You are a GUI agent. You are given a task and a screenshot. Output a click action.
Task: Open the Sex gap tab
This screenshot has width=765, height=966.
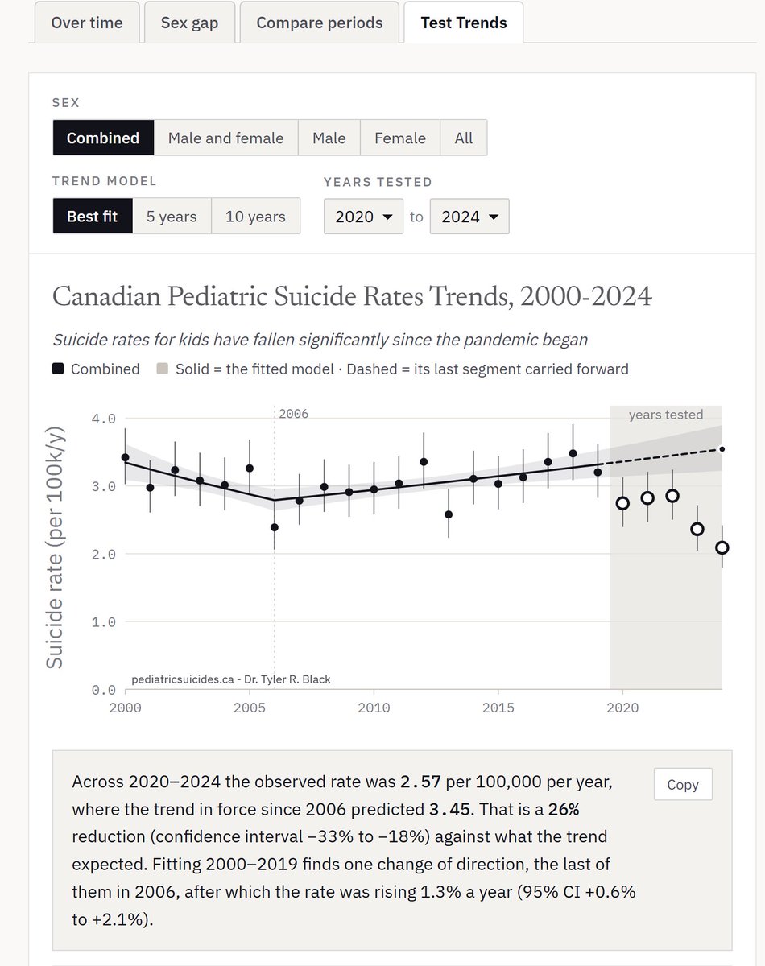click(189, 23)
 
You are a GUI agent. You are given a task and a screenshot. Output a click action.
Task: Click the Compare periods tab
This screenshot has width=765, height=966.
click(320, 23)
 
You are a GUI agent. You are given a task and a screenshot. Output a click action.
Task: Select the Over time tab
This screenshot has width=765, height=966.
click(87, 23)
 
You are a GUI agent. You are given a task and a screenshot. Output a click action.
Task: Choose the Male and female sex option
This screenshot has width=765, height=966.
click(226, 138)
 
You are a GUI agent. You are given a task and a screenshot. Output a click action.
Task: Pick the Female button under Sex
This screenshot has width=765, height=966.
click(399, 138)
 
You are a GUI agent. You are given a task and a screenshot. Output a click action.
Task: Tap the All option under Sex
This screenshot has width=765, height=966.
click(464, 138)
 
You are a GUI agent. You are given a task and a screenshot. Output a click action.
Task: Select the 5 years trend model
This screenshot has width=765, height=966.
click(172, 217)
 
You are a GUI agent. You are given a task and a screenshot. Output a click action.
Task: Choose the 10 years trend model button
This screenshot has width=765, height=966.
click(255, 217)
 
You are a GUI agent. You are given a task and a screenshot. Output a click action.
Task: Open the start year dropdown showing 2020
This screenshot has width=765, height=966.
click(363, 217)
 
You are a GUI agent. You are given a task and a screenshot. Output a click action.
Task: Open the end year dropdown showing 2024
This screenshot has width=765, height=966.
click(469, 217)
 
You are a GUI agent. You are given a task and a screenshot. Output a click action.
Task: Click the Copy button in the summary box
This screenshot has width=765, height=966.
click(683, 784)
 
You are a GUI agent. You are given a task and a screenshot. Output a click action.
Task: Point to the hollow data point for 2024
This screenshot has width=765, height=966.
click(722, 547)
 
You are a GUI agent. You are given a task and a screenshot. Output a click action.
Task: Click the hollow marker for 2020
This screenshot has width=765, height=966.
click(622, 503)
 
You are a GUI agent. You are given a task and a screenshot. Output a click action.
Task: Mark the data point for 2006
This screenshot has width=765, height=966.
click(275, 527)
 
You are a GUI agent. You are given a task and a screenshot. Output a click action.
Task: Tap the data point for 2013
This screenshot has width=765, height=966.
click(449, 514)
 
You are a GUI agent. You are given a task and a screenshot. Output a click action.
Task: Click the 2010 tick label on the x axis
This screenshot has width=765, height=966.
click(374, 708)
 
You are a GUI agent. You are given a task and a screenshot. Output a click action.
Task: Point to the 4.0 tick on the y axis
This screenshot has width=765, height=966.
click(103, 419)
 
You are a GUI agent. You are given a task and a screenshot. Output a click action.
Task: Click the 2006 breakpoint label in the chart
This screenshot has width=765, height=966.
click(293, 414)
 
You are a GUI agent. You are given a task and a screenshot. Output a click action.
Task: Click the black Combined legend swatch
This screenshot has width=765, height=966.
click(58, 369)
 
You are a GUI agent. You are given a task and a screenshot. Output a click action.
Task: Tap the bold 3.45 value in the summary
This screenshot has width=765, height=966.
click(449, 809)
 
